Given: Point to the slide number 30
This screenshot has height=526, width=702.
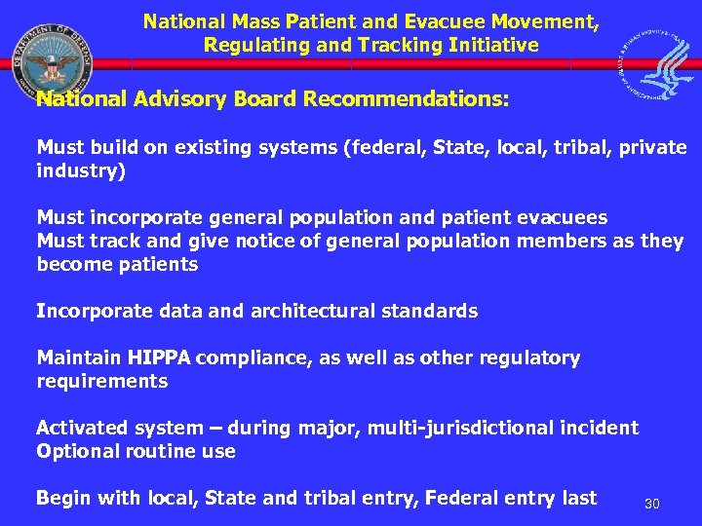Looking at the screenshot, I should tap(652, 504).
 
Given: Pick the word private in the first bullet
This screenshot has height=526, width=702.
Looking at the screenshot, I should tap(651, 147).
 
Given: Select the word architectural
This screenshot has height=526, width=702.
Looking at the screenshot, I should tap(317, 311).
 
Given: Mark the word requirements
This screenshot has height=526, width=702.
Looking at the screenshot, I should tap(101, 381).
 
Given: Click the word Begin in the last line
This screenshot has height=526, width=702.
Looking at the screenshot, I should tap(62, 498).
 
